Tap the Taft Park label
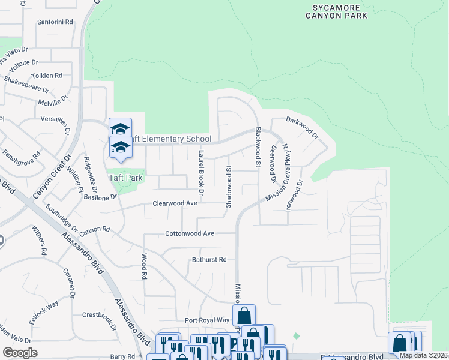pos(125,178)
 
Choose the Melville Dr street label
pos(55,103)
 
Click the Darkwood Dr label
pos(302,128)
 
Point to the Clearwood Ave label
pos(175,203)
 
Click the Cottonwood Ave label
pos(190,233)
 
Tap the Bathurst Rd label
pos(209,260)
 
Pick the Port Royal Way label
pos(207,320)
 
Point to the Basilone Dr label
pos(101,197)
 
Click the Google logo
pos(20,352)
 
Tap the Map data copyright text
pos(423,355)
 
